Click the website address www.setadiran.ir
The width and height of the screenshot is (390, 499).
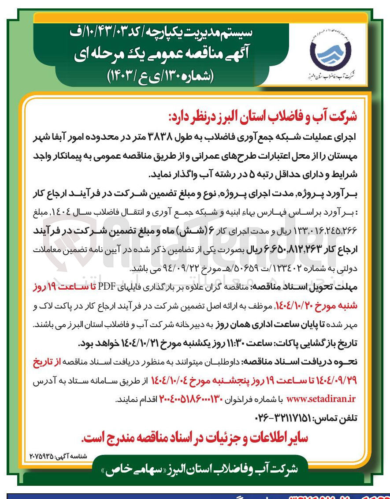click(x=321, y=399)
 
